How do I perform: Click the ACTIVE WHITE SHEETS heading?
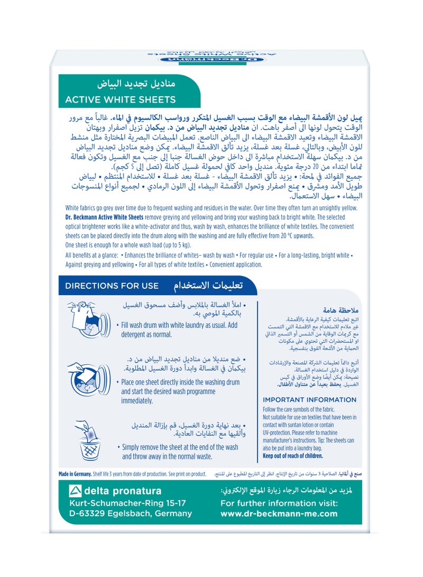coord(120,99)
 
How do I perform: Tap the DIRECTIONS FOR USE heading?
coord(112,286)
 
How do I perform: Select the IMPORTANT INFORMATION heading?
coord(306,400)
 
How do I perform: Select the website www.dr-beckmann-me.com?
coord(279,514)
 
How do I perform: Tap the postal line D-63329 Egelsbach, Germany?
coord(131,514)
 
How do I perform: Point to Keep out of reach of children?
coord(292,456)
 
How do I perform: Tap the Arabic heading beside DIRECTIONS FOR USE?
coord(208,286)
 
